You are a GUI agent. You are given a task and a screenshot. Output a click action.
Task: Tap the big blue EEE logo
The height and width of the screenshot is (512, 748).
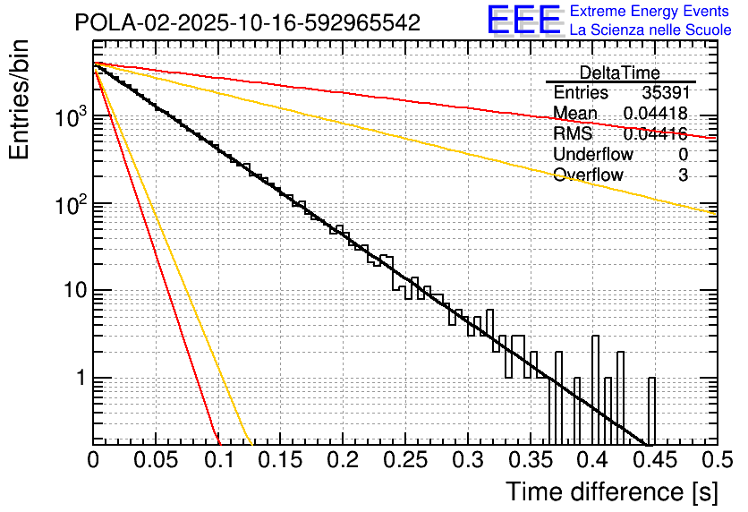[x=523, y=21]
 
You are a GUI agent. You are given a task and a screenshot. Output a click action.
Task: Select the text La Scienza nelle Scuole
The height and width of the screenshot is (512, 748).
[x=650, y=30]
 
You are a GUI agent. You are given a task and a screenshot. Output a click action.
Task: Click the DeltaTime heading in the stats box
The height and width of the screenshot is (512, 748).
[x=620, y=73]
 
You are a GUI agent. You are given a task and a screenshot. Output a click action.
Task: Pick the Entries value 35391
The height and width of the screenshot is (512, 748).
[x=665, y=93]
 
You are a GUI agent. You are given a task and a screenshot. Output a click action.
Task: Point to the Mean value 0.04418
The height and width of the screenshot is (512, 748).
[x=655, y=114]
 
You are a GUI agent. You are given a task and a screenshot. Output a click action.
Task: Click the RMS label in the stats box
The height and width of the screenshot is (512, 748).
[x=573, y=134]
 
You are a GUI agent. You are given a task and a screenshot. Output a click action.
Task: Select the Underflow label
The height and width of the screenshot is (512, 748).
[x=593, y=155]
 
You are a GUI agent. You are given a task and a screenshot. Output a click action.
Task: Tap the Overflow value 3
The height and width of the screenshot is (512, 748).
[x=683, y=175]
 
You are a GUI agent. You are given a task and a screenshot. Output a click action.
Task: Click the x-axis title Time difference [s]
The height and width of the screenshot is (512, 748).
[x=611, y=491]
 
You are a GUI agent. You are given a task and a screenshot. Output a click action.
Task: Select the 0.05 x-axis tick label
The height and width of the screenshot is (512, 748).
[x=157, y=462]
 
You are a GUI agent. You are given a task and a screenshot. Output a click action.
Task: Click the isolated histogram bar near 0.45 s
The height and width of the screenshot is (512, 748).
[x=651, y=410]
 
